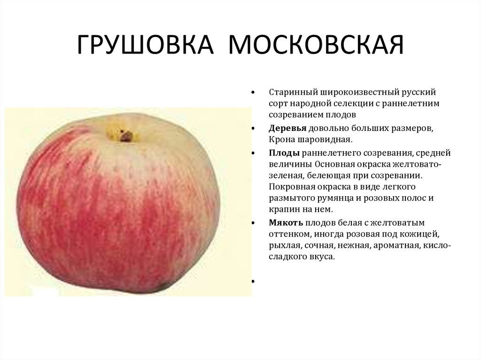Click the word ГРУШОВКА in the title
[x=145, y=45]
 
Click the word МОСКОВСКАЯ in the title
[x=316, y=45]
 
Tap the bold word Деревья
[x=287, y=129]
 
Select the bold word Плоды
[x=284, y=153]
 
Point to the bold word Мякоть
[x=286, y=222]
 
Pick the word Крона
[x=282, y=139]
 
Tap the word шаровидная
[x=325, y=140]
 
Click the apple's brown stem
[x=126, y=136]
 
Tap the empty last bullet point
[x=253, y=281]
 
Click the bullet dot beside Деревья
[x=253, y=129]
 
